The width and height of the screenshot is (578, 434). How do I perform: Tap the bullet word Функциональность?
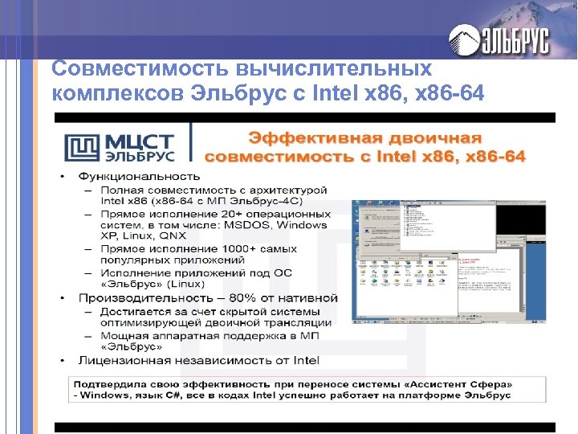click(139, 175)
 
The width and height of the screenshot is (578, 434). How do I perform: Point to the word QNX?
click(170, 237)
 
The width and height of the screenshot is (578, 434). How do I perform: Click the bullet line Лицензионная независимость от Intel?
click(198, 360)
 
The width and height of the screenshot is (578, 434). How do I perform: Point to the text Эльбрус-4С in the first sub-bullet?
click(295, 201)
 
